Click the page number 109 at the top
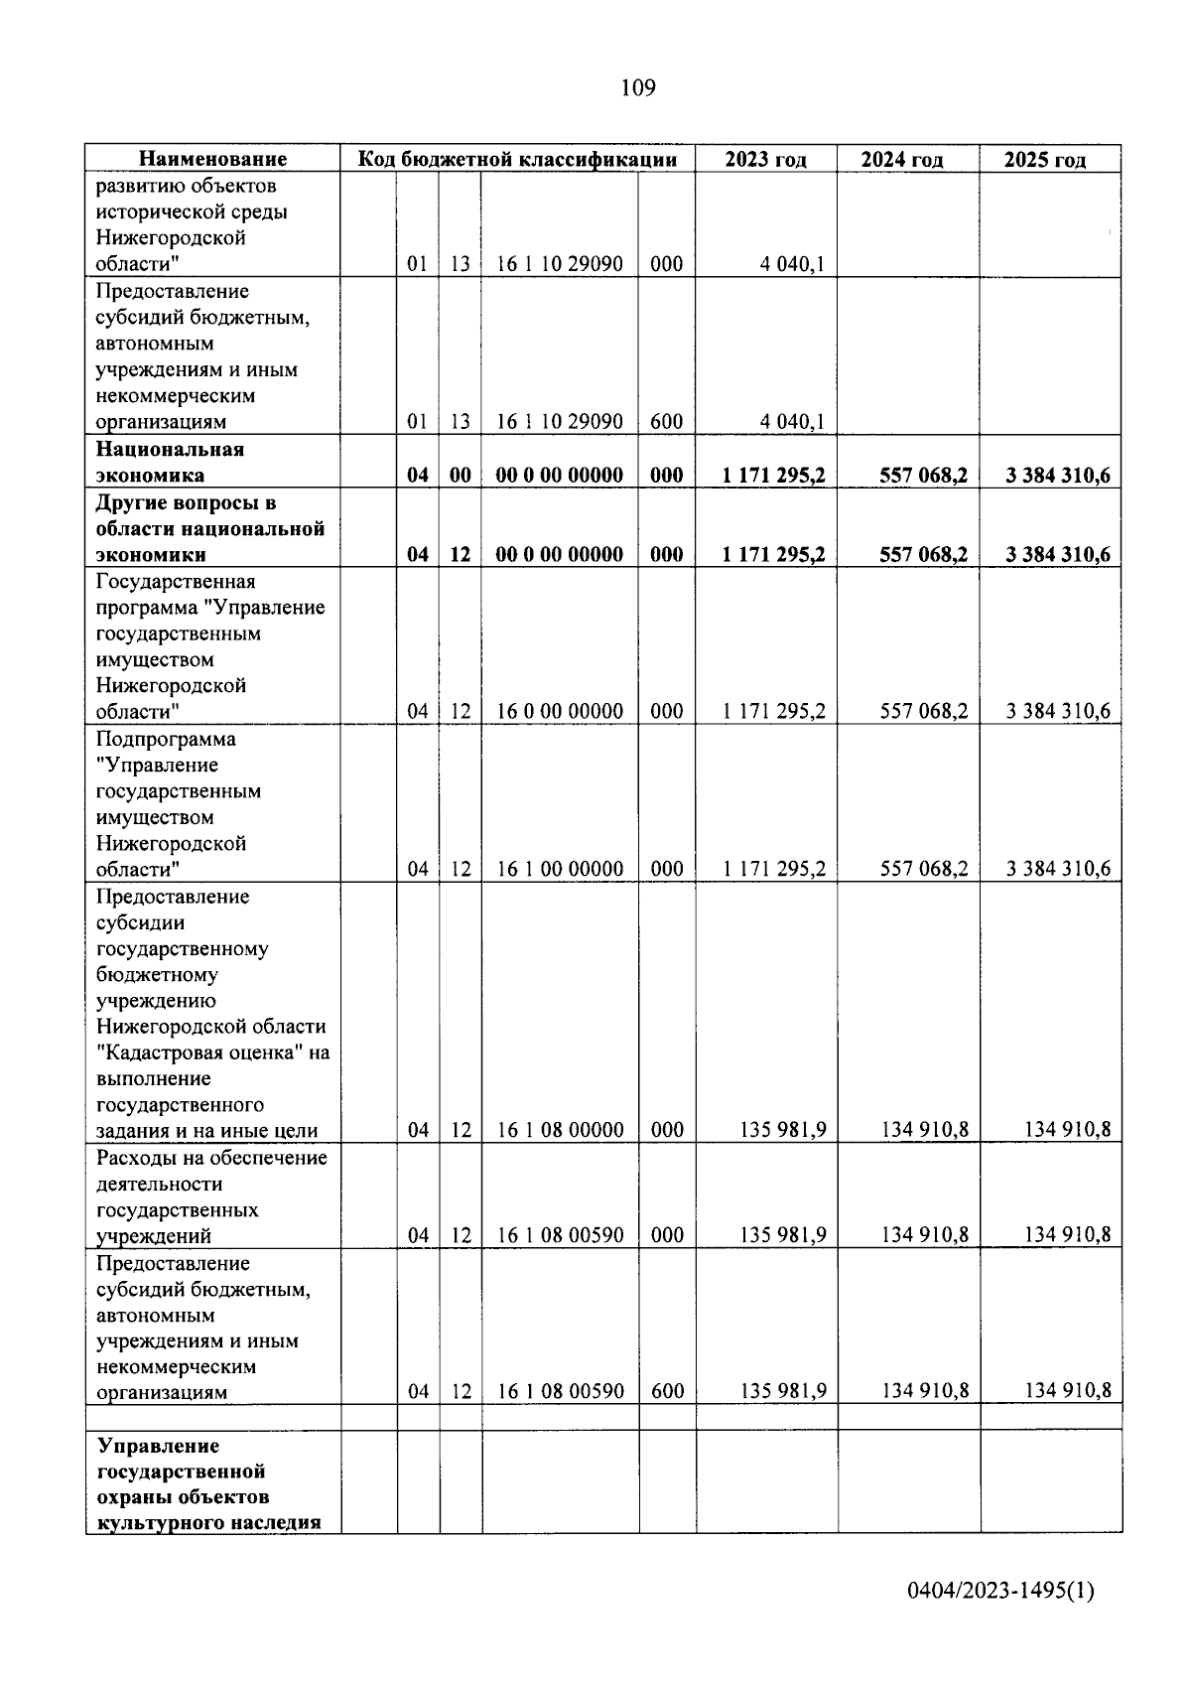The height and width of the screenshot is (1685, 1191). (x=638, y=88)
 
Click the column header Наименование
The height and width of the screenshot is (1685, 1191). (x=212, y=159)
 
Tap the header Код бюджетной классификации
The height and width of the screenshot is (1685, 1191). (x=517, y=159)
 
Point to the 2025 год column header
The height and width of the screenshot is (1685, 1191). (x=1044, y=160)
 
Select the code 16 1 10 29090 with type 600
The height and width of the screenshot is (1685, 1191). (x=559, y=421)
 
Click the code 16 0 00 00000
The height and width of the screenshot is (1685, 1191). (x=559, y=711)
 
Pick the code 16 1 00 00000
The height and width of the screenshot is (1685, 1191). (x=559, y=869)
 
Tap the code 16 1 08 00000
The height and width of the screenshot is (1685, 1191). (x=559, y=1130)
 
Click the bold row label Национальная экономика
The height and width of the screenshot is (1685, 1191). (x=170, y=462)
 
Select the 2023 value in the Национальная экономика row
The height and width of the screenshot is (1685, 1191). (x=774, y=476)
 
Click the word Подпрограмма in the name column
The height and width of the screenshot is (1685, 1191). (x=166, y=740)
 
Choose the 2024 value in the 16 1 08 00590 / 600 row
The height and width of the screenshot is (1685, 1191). (x=924, y=1391)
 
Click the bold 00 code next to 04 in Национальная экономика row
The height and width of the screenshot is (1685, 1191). (x=461, y=476)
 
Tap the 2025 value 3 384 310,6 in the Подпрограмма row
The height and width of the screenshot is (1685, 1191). (x=1057, y=869)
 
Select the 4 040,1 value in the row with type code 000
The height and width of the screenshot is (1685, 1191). (x=792, y=264)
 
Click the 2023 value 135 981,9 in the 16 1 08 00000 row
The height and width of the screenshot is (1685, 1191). (x=782, y=1130)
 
